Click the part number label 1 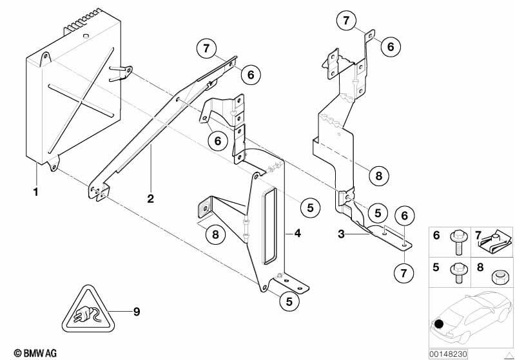point(36,192)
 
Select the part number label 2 point(150,198)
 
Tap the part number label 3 point(341,234)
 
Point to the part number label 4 point(298,233)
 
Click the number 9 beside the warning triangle point(137,312)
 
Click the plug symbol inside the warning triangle point(85,315)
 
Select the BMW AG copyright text point(35,353)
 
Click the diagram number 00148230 point(448,354)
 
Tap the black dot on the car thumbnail point(438,324)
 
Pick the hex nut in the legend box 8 point(498,278)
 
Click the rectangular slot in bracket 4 point(270,227)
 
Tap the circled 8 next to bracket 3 point(379,176)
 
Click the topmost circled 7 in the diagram point(346,21)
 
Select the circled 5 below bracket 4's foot point(289,301)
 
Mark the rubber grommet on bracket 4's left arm point(205,209)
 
